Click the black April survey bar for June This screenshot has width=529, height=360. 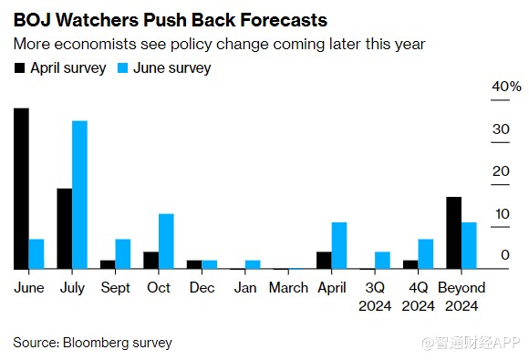coord(21,189)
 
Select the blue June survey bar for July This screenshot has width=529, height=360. coord(79,195)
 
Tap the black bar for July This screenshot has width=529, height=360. coord(65,229)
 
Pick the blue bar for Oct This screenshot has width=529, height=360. coord(166,242)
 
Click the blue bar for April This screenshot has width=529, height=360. coord(339,245)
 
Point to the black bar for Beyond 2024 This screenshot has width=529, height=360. coord(454,233)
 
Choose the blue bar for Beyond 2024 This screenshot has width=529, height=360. coord(469,245)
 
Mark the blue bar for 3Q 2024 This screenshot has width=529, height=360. coord(382,261)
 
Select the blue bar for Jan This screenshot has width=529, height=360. coord(253,264)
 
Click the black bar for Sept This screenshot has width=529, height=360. coord(108,264)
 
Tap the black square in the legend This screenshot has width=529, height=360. coord(19,68)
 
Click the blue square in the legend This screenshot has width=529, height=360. coord(122,68)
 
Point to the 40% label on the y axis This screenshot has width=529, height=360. coord(506,87)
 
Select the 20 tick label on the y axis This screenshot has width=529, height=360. coord(501,171)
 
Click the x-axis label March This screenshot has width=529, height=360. coord(288,287)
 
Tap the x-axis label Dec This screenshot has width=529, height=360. coord(202,287)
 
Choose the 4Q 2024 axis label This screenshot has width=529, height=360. coord(419,296)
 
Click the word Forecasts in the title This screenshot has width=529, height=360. coord(284,20)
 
